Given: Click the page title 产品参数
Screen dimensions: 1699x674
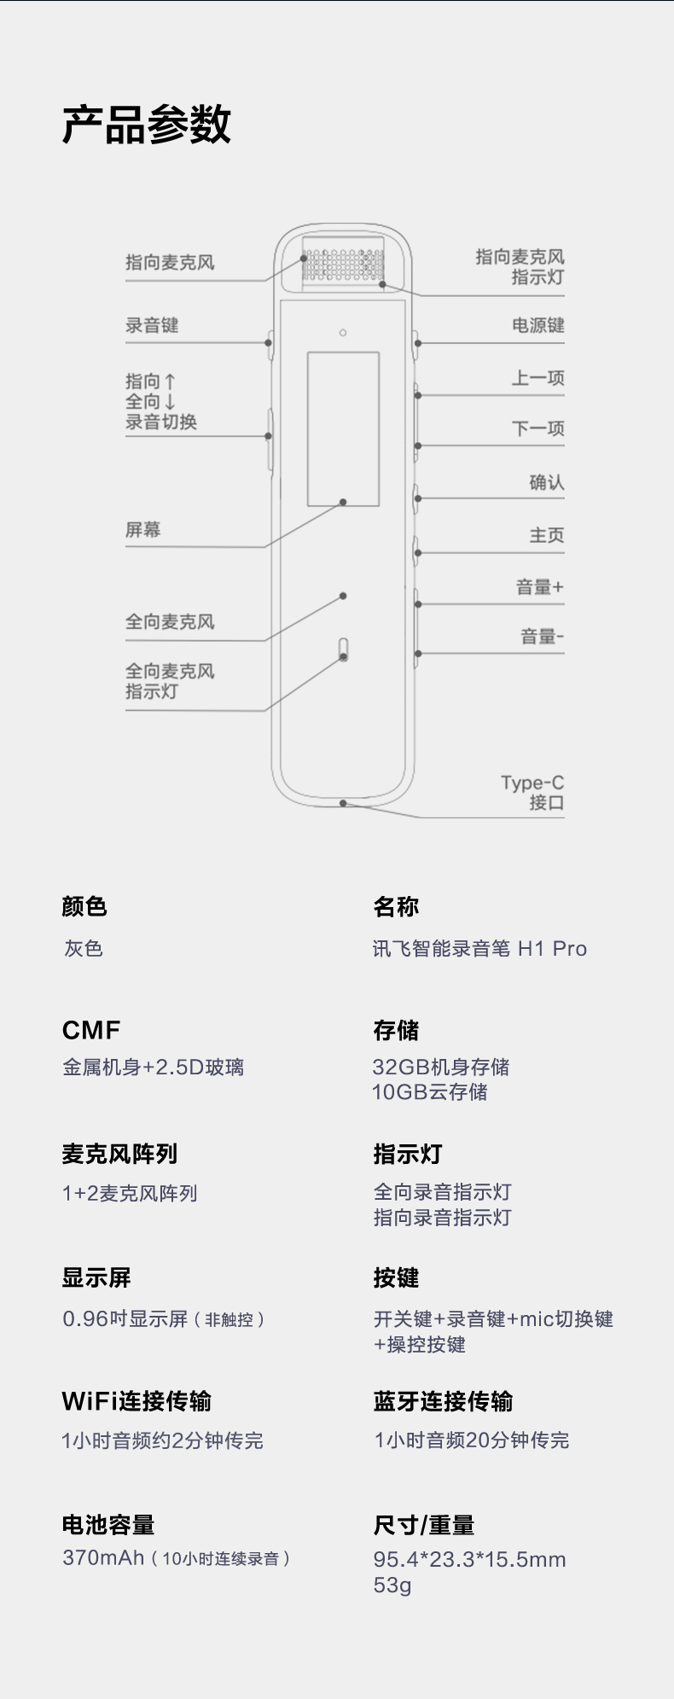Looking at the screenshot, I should pos(146,125).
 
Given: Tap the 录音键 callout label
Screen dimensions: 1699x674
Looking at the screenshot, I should pos(152,325).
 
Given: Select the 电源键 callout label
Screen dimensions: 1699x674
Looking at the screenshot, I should pos(537,325).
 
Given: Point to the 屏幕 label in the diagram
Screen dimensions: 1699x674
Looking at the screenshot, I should pos(142,530).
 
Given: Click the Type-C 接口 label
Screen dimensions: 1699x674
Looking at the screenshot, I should pos(532,793).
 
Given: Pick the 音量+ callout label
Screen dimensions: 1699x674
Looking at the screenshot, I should pos(539,587).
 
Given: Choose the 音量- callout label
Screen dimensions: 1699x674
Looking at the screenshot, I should pos(542,637).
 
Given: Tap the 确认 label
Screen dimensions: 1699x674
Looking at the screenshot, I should pos(546,483).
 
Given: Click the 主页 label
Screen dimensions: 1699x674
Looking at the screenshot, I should pos(546,536).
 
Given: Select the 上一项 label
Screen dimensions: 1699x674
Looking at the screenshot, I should pos(537,378).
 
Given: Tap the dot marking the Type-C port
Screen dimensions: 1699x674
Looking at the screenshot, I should pos(342,803).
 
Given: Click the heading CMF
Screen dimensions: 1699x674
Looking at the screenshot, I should pos(91,1031).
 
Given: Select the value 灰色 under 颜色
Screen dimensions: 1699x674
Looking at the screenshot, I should pos(84,949).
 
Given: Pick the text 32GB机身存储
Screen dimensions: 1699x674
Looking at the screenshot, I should pos(441,1067).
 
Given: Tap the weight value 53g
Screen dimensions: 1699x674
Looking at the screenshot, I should pos(392,1586).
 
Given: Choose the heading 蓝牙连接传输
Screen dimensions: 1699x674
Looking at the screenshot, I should pos(443,1401).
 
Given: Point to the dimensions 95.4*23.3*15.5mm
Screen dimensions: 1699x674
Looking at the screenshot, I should pos(469,1560).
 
